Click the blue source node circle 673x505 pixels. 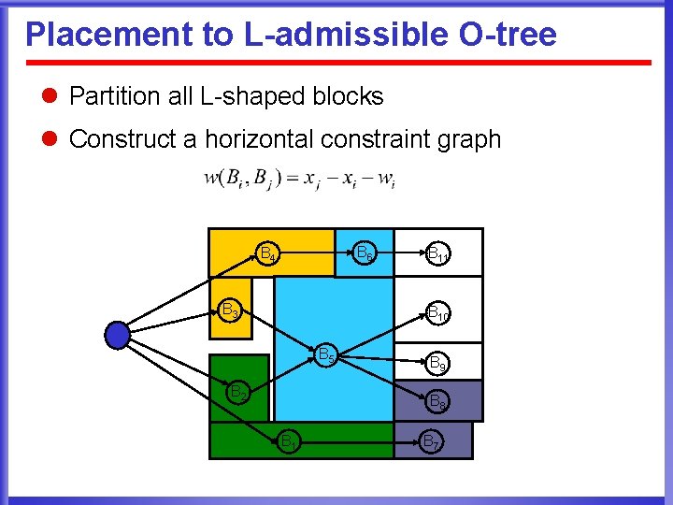[117, 334]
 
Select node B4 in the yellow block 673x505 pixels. [267, 253]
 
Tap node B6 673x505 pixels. [365, 252]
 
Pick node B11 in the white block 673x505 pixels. [437, 252]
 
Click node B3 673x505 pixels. [229, 310]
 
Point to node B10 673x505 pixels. [437, 312]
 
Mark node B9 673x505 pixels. [437, 361]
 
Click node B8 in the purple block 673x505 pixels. [437, 402]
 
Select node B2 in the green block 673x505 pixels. [239, 393]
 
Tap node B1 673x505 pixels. [289, 440]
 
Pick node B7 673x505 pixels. [432, 440]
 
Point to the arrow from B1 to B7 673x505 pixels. [360, 440]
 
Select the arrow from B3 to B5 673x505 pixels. [277, 332]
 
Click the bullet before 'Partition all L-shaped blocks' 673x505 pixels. [50, 96]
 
